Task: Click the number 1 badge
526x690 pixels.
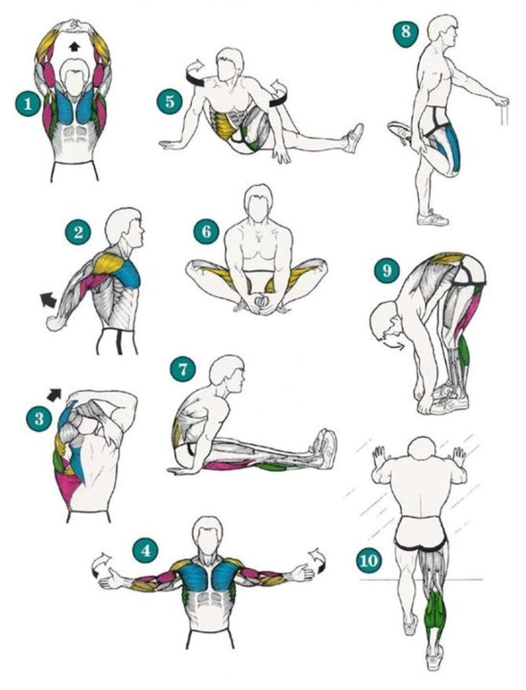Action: click(x=28, y=104)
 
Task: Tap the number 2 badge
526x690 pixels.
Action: click(x=78, y=232)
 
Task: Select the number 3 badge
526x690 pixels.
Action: click(x=39, y=419)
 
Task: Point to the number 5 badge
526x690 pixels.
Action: click(x=170, y=102)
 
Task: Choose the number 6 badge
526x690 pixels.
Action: click(x=206, y=232)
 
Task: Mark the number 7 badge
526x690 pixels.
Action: click(x=183, y=369)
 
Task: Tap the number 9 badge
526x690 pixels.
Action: click(x=387, y=270)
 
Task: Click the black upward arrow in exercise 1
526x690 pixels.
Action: click(x=74, y=47)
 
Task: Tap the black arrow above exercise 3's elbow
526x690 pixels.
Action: click(x=54, y=394)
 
